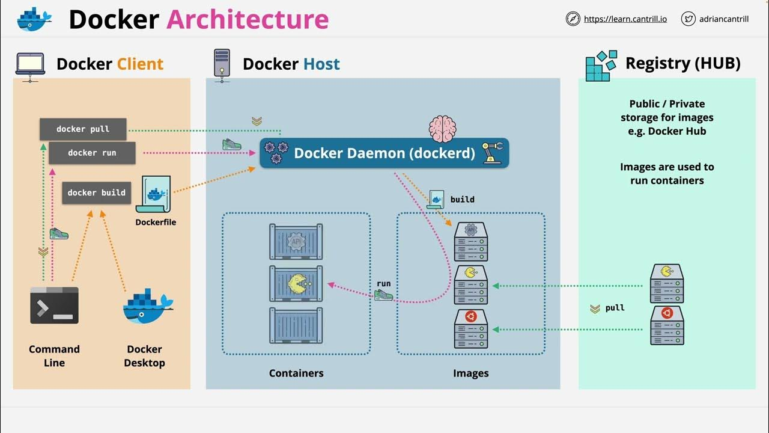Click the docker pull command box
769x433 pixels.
click(x=83, y=129)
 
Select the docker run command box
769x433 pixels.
click(x=92, y=153)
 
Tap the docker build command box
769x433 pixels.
click(x=96, y=193)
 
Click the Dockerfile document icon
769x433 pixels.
click(x=153, y=194)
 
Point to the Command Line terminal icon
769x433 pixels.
click(x=55, y=306)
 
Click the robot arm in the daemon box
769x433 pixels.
click(x=492, y=153)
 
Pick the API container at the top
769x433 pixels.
click(x=296, y=242)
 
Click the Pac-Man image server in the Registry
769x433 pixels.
click(x=667, y=284)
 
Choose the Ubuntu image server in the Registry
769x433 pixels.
click(x=667, y=325)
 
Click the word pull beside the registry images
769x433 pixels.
click(x=615, y=308)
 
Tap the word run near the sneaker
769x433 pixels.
click(x=383, y=284)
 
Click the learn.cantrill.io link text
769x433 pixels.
click(x=625, y=19)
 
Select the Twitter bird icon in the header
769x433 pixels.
click(x=688, y=19)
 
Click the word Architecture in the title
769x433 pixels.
click(x=247, y=20)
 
